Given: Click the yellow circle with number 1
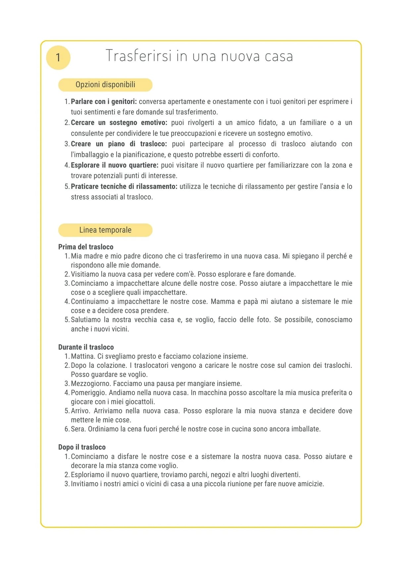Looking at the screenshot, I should (58, 58).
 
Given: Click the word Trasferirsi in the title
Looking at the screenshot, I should (139, 56).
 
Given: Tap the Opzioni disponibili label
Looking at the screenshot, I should (105, 85).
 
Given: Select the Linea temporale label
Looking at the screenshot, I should (105, 230).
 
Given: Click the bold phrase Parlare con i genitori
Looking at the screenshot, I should (104, 102).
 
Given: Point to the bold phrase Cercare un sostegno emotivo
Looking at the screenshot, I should (119, 123).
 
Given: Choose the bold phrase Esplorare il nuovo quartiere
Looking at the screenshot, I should (115, 165).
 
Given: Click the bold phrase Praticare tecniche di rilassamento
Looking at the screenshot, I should (124, 187).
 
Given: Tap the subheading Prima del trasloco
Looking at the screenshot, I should (86, 247).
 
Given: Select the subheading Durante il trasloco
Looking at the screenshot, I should (86, 347).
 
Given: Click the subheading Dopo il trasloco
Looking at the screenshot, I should (82, 447).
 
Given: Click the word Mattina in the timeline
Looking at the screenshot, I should (83, 356).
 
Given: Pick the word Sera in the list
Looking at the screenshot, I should (78, 429).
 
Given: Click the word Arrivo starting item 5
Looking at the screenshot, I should (80, 411).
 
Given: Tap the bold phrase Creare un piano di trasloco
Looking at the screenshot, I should (119, 144).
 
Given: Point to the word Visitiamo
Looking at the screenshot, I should (85, 274).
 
